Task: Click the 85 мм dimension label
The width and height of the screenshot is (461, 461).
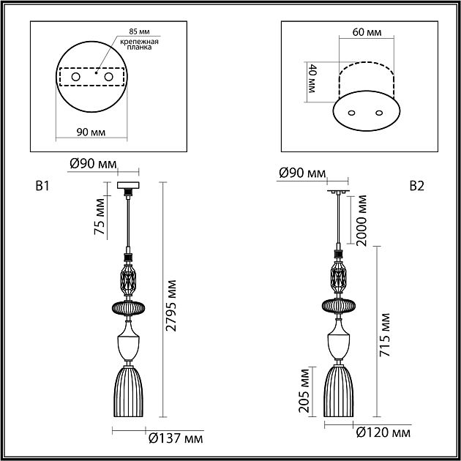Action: (x=139, y=31)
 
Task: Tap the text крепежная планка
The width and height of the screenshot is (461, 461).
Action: (x=139, y=45)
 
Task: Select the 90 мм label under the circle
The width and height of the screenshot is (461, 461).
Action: (x=91, y=132)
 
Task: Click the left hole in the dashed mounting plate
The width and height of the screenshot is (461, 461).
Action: (x=75, y=77)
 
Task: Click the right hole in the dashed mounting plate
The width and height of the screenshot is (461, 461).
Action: (x=108, y=77)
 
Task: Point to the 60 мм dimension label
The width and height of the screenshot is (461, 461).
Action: (x=367, y=31)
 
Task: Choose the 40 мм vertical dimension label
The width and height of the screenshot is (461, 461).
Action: (x=311, y=78)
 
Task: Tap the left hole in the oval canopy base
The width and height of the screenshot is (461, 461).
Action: (x=351, y=113)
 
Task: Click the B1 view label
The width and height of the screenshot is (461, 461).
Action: (x=42, y=186)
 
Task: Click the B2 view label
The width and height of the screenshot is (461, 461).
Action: (x=417, y=186)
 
